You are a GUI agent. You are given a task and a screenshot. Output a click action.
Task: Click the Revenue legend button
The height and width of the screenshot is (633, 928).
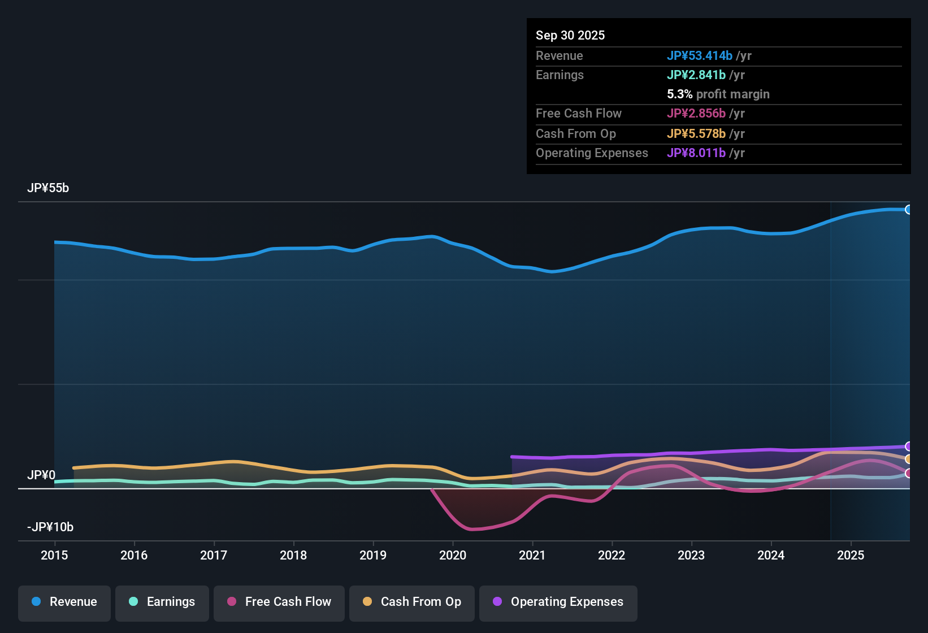pos(64,602)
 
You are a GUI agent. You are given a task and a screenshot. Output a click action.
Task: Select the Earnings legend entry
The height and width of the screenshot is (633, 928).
pos(162,602)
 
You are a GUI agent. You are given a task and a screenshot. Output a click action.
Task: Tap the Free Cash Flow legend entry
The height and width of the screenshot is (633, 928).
pos(279,602)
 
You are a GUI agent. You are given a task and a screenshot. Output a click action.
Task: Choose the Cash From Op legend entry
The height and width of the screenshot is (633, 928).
pos(412,602)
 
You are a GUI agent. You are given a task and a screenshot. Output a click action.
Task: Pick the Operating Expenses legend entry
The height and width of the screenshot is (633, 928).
pos(558,602)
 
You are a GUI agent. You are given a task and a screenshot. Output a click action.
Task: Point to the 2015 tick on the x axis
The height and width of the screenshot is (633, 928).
pos(54,555)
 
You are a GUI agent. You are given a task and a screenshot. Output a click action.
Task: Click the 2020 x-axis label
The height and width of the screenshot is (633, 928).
pos(453,555)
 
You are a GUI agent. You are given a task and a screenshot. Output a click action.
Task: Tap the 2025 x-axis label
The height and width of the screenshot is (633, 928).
pos(850,555)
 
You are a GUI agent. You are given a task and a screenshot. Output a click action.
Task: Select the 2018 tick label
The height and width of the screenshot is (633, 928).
pos(293,555)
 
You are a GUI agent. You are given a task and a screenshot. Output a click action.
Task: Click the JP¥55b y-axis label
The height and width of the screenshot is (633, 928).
pos(48,188)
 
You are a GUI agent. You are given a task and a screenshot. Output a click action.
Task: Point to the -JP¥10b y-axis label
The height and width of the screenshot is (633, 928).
pos(50,527)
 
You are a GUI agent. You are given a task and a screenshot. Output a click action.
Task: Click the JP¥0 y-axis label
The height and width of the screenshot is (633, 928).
pos(41,475)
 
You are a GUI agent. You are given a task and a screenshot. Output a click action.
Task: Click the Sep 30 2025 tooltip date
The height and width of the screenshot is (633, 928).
pos(570,35)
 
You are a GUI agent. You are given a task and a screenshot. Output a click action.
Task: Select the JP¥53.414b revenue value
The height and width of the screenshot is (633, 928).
pos(699,55)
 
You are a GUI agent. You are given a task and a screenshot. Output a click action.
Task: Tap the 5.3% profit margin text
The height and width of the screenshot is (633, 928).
pos(718,94)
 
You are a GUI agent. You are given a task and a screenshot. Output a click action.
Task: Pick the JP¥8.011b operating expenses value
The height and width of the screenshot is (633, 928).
pos(696,153)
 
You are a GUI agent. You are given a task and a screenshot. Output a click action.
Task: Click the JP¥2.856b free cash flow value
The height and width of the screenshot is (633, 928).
pos(696,114)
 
